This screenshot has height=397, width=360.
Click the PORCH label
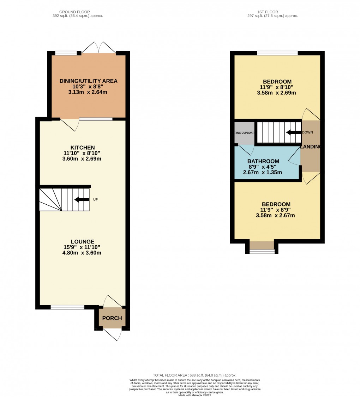[112, 318]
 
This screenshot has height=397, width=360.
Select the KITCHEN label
[82, 148]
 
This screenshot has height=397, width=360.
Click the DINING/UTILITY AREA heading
[88, 81]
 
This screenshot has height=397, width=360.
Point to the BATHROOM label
[263, 161]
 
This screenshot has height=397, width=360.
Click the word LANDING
[310, 147]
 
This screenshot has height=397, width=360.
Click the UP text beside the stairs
[95, 200]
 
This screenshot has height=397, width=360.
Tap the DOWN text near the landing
[307, 133]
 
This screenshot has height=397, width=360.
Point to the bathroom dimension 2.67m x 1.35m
[263, 173]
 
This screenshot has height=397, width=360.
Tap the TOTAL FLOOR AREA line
[194, 375]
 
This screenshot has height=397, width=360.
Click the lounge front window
[67, 307]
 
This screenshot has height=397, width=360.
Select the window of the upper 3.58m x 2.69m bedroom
[277, 53]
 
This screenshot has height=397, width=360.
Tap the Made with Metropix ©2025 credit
[194, 395]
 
